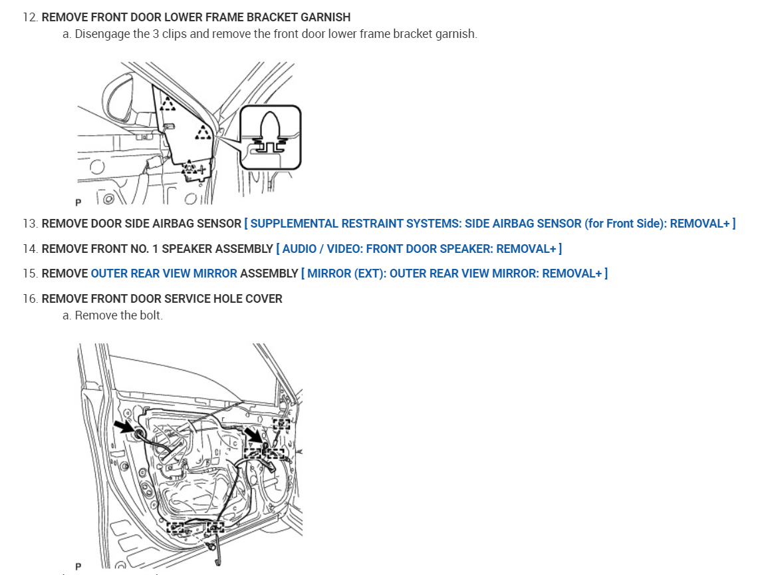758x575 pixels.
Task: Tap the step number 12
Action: tap(29, 17)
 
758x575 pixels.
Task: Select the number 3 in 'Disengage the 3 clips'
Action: tap(156, 34)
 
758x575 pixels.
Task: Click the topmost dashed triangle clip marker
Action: tap(168, 104)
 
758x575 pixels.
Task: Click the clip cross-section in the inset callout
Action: tap(270, 136)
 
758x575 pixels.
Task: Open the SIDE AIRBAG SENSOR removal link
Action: tap(489, 224)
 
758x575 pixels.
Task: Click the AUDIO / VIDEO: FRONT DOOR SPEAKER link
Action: tap(419, 249)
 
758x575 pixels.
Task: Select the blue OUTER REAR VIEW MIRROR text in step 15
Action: tap(164, 274)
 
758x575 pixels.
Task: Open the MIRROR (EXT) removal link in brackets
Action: tap(453, 274)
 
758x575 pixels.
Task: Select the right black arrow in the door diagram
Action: tap(253, 435)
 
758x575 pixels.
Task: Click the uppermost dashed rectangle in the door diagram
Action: tap(281, 423)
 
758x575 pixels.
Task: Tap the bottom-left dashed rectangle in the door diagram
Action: tap(176, 528)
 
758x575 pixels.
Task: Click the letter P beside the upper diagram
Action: tap(78, 201)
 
